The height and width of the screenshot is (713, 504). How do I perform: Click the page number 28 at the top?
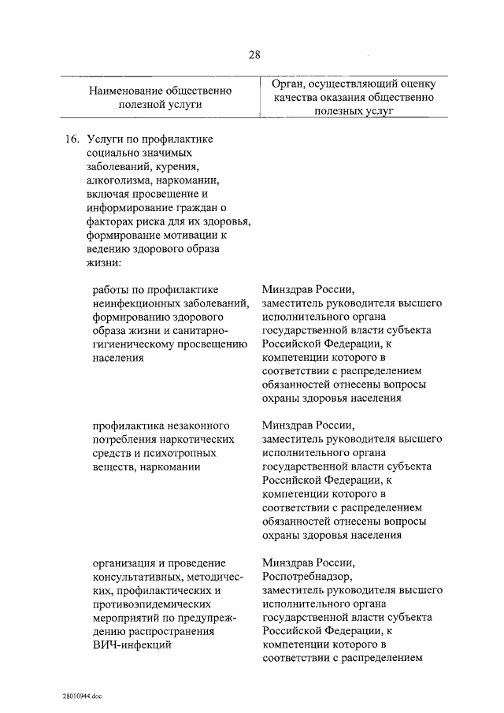254,54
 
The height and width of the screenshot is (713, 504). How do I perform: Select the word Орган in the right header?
287,84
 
